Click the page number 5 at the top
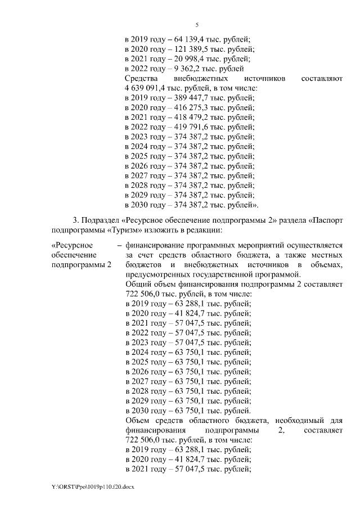pos(197,25)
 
